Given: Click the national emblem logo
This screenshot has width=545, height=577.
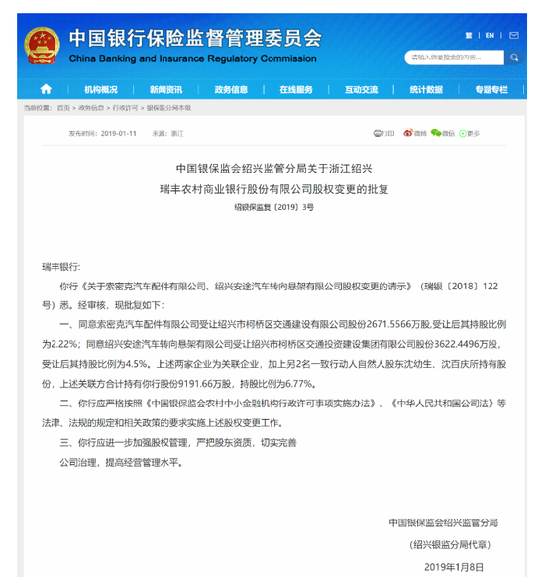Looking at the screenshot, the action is (x=40, y=44).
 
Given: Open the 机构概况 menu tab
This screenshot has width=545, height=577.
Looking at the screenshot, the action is (x=101, y=89).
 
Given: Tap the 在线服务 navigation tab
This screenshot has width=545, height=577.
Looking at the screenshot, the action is (x=295, y=89).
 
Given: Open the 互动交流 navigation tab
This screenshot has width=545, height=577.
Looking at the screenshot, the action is (x=361, y=89).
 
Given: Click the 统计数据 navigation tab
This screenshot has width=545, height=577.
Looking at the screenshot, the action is (x=426, y=89).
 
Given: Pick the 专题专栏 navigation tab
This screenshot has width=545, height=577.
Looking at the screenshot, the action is (x=490, y=89).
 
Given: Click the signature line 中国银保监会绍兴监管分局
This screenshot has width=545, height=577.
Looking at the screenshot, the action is (x=443, y=522).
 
